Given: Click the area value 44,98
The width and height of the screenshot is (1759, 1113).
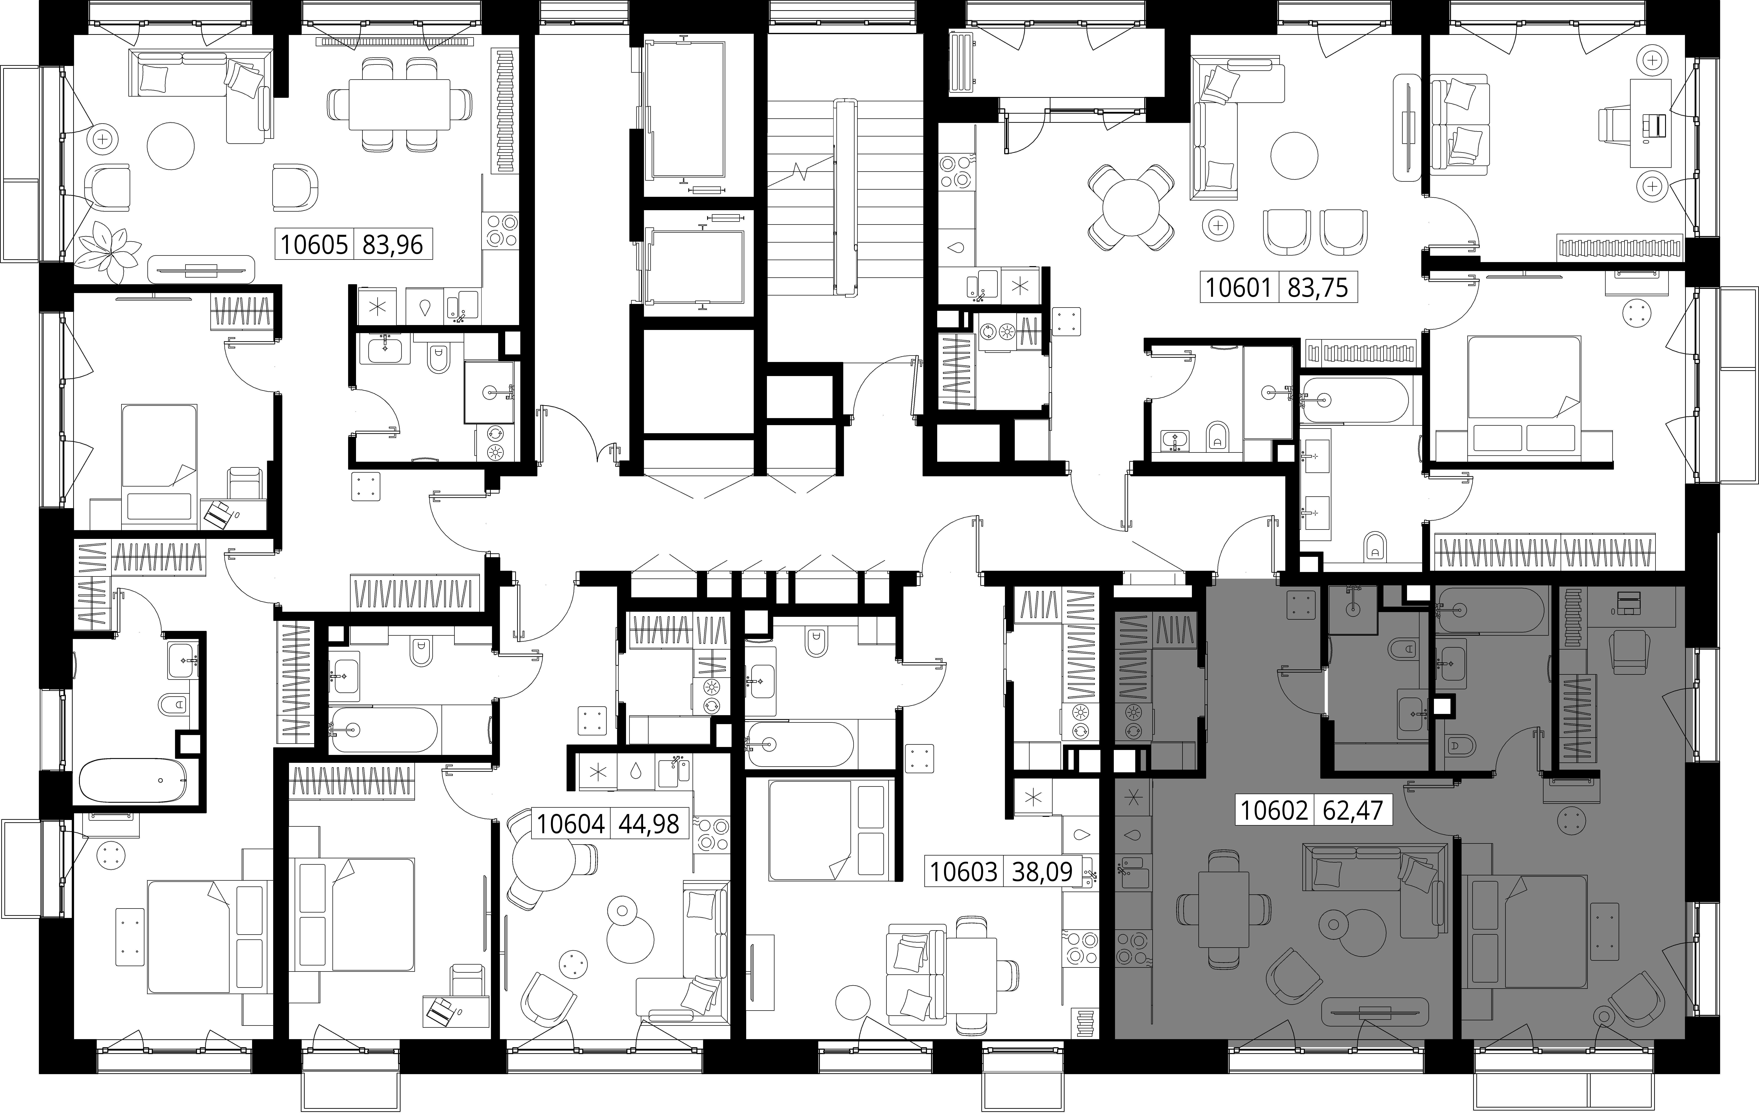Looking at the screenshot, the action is [x=649, y=824].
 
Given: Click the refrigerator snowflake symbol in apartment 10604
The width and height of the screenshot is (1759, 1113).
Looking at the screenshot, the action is [x=598, y=772].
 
